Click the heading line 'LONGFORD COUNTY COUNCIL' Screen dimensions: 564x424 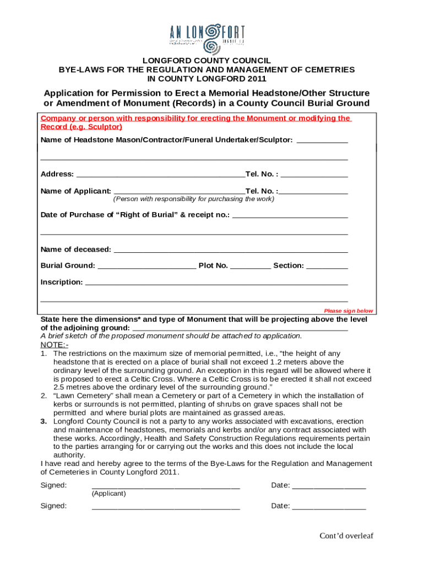[206, 61]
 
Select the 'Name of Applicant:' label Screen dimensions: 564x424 [76, 191]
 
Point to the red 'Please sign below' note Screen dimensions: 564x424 [348, 311]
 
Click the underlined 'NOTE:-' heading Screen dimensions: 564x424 [55, 345]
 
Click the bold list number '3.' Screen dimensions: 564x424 [44, 421]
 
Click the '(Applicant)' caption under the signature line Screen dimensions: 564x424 [109, 493]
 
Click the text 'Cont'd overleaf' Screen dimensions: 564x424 [347, 536]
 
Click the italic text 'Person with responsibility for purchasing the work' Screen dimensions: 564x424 [193, 199]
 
